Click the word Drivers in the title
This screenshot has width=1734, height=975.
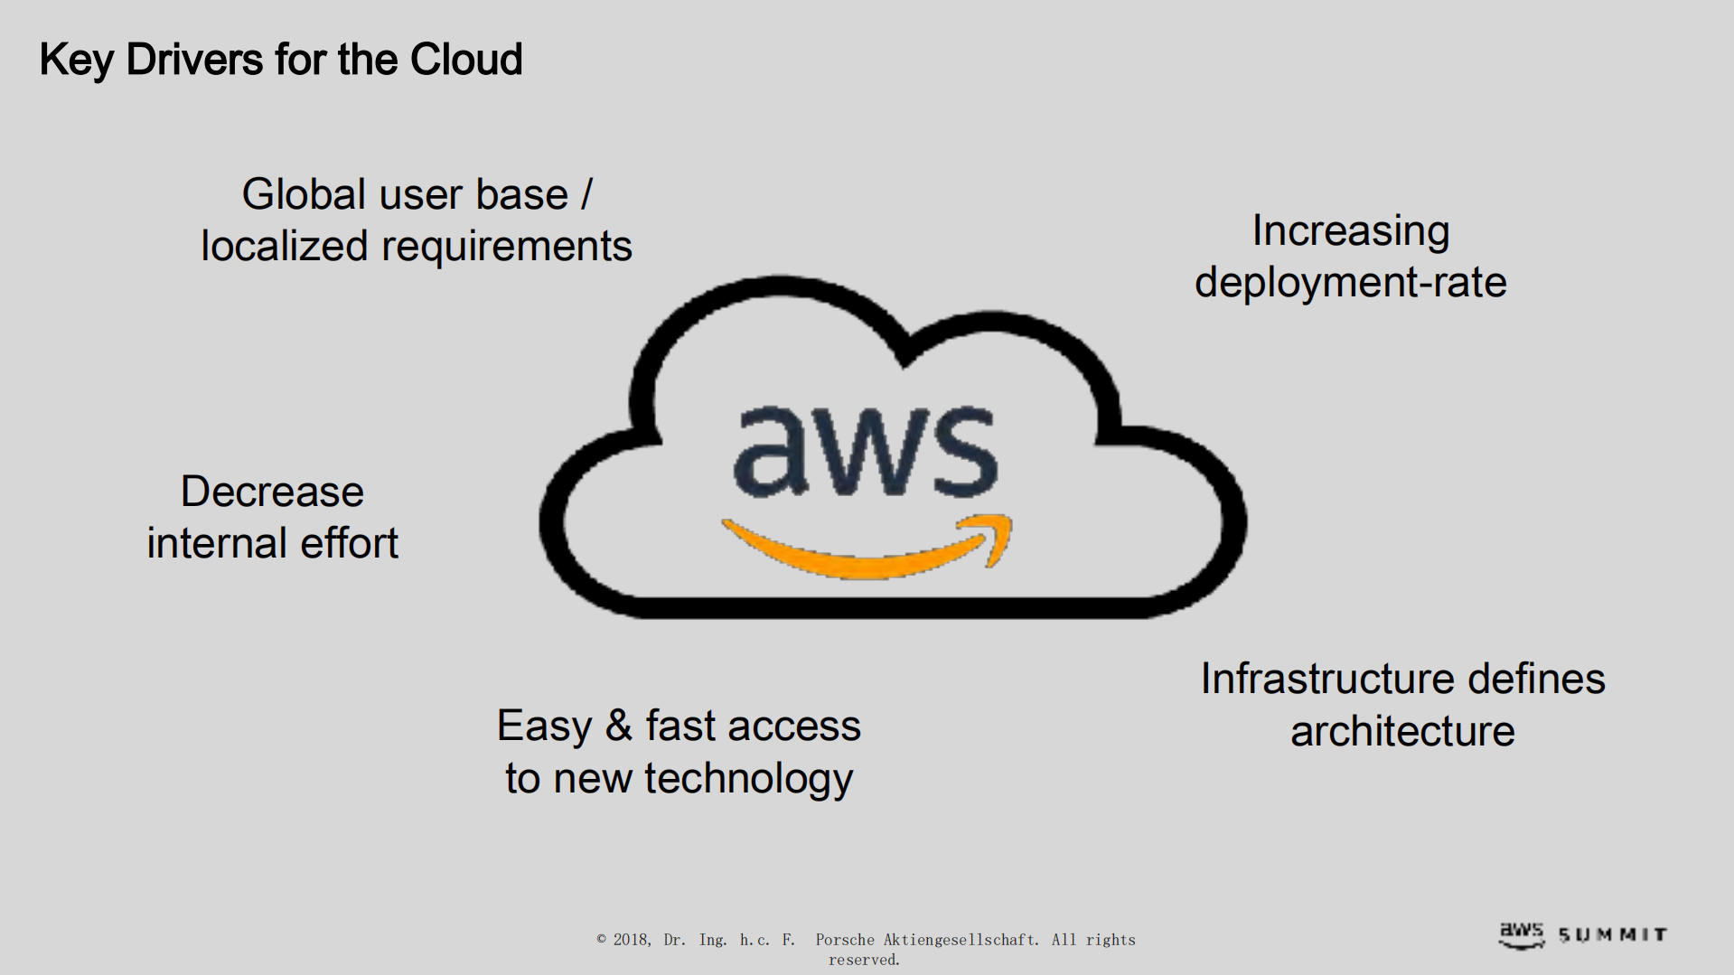tap(194, 61)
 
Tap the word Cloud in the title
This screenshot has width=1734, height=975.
tap(465, 61)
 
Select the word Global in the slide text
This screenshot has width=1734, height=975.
tap(303, 195)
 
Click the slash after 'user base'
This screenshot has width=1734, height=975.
tap(586, 195)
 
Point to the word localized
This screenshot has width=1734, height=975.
tap(284, 247)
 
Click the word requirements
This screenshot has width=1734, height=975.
tap(506, 247)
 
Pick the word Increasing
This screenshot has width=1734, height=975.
tap(1350, 232)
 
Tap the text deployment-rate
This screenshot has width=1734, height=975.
tap(1350, 283)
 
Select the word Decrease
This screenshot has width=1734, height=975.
tap(272, 492)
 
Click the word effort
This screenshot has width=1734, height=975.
tap(349, 544)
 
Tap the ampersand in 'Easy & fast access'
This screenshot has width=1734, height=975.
tap(618, 726)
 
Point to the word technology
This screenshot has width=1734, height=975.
tap(748, 779)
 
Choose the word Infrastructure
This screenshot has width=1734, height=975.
tap(1326, 680)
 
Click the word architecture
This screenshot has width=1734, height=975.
tap(1402, 732)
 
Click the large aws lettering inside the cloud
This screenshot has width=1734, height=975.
tap(865, 452)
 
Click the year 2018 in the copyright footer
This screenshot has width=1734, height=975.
tap(632, 940)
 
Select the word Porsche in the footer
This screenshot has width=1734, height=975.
tap(845, 940)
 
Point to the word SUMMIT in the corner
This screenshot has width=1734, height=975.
tap(1613, 935)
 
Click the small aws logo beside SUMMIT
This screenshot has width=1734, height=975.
tap(1522, 933)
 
